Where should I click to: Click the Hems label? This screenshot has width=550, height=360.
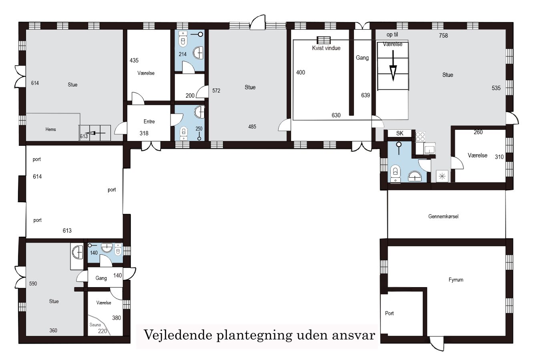50,129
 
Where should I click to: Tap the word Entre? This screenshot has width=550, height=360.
149,121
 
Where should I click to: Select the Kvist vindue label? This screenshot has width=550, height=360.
326,48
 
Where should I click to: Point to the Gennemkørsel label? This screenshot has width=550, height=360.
443,216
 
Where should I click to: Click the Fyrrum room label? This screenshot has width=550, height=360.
456,280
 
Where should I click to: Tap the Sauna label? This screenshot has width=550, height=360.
95,325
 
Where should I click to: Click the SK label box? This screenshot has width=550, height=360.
399,133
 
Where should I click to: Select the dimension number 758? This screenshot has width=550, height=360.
443,35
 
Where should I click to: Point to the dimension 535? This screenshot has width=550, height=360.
496,88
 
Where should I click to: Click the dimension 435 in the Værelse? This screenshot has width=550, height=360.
134,60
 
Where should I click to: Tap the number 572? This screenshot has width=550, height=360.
216,91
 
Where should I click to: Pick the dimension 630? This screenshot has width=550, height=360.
336,115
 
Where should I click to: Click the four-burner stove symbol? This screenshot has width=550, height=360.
420,137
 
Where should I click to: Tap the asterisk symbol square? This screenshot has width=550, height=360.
442,176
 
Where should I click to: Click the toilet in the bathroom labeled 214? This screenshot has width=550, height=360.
183,40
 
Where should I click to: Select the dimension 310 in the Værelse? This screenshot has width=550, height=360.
499,157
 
